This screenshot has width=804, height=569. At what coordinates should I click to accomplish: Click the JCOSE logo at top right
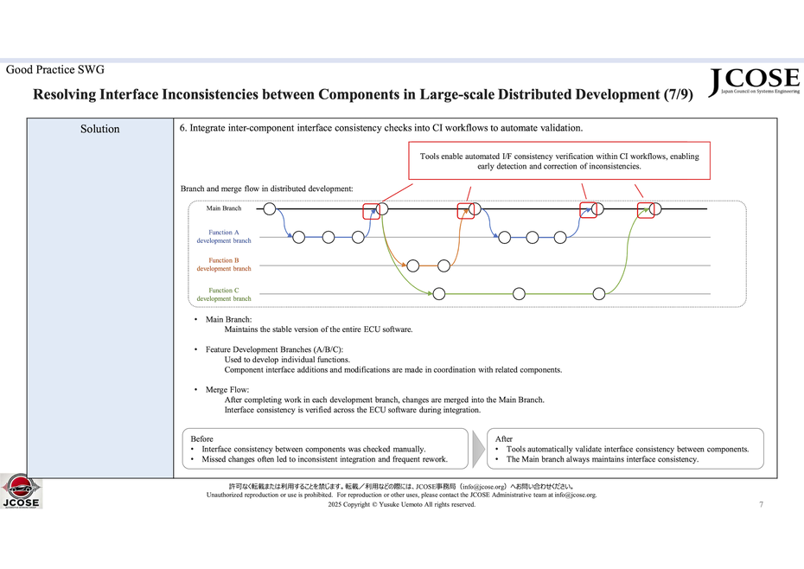(x=754, y=81)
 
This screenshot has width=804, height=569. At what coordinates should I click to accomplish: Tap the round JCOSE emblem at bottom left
(x=21, y=491)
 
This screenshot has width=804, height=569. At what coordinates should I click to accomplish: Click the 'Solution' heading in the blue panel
(x=100, y=129)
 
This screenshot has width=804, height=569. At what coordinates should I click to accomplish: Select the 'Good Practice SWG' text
(x=54, y=70)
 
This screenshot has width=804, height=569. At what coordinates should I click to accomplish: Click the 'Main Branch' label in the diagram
(x=224, y=208)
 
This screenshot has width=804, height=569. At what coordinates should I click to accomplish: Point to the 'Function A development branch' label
(x=224, y=237)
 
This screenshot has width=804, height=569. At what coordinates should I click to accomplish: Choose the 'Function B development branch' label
(x=224, y=265)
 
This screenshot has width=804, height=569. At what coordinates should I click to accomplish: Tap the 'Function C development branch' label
(x=224, y=295)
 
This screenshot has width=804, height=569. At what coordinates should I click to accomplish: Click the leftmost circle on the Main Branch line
(x=270, y=208)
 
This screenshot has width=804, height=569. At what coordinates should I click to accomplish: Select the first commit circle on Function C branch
(x=439, y=293)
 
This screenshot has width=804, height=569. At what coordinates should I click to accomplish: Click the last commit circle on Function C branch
(x=599, y=293)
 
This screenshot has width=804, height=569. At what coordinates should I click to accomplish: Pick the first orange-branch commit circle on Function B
(x=412, y=265)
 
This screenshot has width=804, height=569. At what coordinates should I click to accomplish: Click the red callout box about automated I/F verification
(x=559, y=161)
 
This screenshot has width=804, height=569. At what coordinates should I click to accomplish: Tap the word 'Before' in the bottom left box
(x=201, y=438)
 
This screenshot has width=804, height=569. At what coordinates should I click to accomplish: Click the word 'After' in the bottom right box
(x=503, y=438)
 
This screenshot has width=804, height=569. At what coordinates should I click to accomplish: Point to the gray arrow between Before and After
(x=478, y=449)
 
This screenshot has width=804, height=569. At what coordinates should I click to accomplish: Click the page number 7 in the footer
(x=761, y=504)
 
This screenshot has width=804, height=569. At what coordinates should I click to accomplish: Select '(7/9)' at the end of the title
(x=679, y=94)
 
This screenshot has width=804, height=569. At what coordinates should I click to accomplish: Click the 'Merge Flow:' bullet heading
(x=227, y=390)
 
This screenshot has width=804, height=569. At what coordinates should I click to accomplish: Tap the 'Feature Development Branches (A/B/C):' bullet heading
(x=274, y=349)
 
